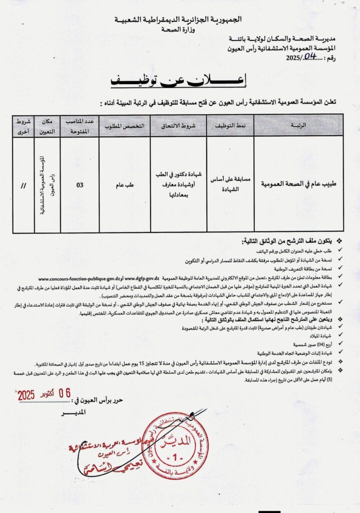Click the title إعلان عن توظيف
click(180, 80)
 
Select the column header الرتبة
click(298, 125)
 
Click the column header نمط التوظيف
click(230, 125)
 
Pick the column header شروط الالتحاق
click(178, 125)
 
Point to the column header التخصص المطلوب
click(125, 125)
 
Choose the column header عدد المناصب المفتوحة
click(79, 125)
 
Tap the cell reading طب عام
click(125, 185)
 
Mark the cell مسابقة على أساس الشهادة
click(230, 184)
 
